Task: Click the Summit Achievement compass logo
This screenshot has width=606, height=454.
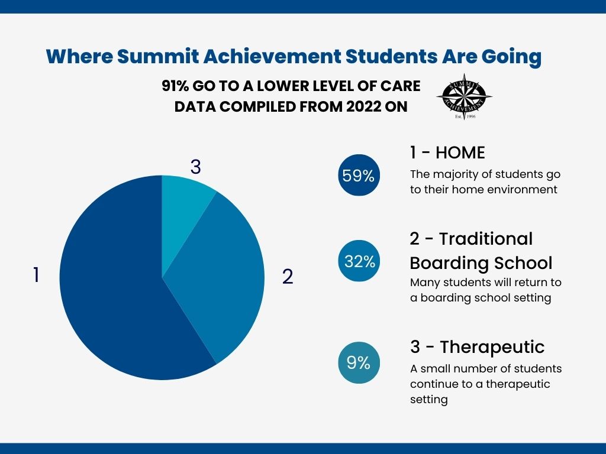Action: tap(464, 96)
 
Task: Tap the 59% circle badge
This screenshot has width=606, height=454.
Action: tap(359, 175)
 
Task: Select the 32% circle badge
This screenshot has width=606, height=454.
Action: tap(359, 261)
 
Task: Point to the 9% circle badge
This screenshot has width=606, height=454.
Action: tap(359, 363)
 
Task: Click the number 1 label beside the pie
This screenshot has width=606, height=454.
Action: tap(36, 275)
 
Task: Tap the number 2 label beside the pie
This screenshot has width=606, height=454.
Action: tap(288, 277)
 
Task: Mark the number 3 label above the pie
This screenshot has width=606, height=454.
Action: tap(195, 167)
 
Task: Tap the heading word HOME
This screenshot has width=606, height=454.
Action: tap(460, 153)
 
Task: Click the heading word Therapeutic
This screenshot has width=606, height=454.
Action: tap(492, 347)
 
